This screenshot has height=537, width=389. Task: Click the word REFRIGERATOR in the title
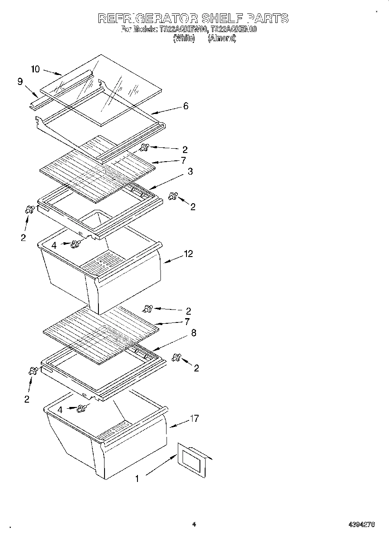coord(148,18)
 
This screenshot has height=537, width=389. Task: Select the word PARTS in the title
coord(268,18)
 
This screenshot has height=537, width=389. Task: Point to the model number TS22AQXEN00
coord(234,29)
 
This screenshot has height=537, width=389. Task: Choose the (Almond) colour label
coord(222,38)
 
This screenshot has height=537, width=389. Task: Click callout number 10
coord(36,69)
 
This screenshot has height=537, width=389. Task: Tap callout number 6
coord(186,106)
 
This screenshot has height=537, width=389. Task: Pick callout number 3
coord(190,171)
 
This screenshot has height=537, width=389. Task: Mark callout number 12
coord(188,254)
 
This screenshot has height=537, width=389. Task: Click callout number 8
coord(193,333)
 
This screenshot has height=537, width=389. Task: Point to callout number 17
coord(194,418)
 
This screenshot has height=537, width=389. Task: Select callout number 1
coord(137,478)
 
